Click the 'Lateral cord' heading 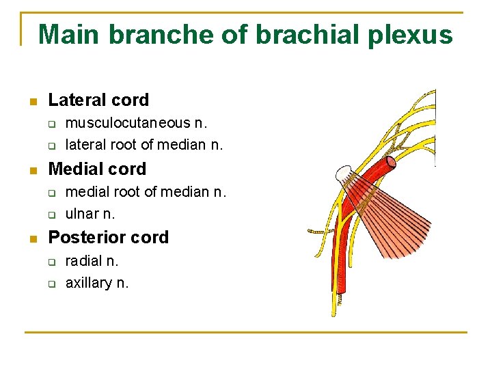click(x=98, y=100)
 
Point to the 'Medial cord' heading click(x=97, y=169)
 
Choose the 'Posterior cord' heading click(x=108, y=237)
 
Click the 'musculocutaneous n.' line click(x=136, y=123)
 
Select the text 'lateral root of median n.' click(x=144, y=145)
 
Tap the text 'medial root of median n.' click(x=146, y=191)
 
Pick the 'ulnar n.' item click(x=90, y=214)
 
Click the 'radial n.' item click(x=92, y=260)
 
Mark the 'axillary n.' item click(x=97, y=283)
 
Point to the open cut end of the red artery click(x=390, y=163)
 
